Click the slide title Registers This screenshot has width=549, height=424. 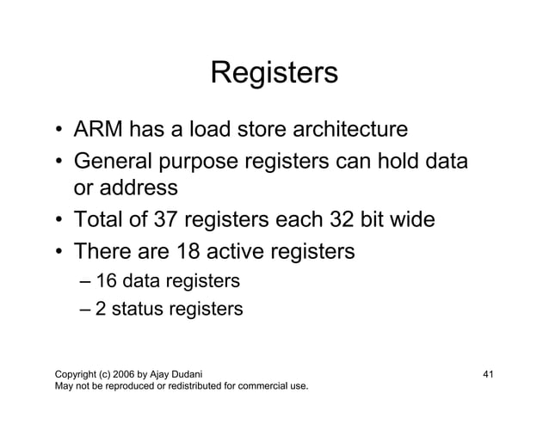pos(274,73)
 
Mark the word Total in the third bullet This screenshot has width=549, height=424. pos(102,221)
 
